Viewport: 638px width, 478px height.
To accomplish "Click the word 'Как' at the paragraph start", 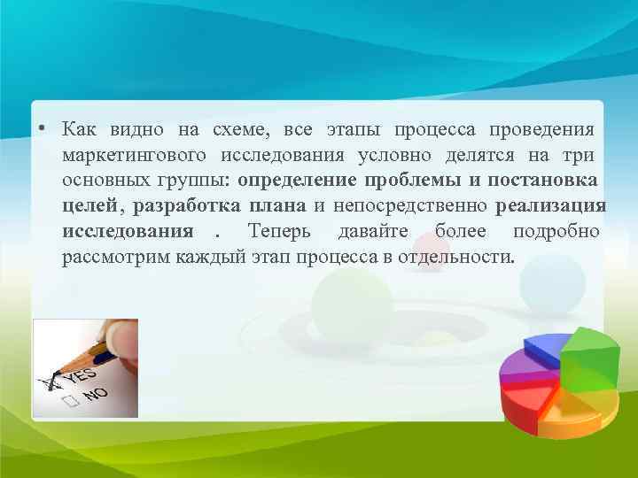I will [81, 130].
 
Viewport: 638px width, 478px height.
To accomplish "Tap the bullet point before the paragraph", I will [42, 131].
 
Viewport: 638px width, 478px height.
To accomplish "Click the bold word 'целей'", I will [89, 207].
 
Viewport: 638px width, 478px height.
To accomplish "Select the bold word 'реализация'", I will [551, 207].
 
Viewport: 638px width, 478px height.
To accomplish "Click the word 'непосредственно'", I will [408, 207].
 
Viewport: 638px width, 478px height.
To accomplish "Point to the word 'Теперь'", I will [276, 233].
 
